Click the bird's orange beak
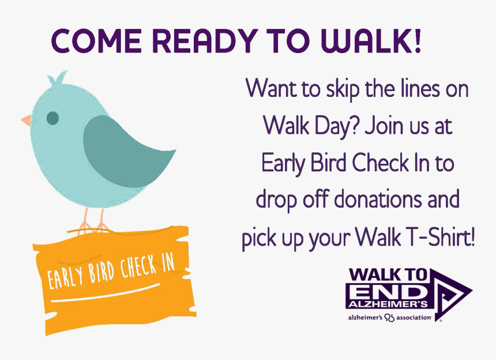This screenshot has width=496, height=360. click(x=27, y=120)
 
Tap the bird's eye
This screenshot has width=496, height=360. click(x=52, y=118)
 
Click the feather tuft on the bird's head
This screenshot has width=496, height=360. click(x=58, y=78)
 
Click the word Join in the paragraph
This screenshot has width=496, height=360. click(x=385, y=126)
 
